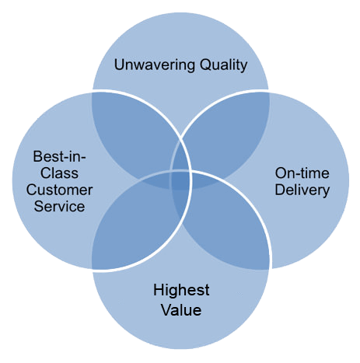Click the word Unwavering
click(x=155, y=65)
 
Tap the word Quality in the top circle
click(x=223, y=65)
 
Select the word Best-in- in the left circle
click(x=59, y=156)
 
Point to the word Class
click(x=59, y=173)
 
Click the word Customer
click(x=59, y=190)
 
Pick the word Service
click(x=59, y=207)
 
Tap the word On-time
click(x=302, y=173)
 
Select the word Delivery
click(x=302, y=190)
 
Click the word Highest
click(x=181, y=290)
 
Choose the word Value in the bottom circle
click(x=181, y=310)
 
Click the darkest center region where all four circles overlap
click(x=180, y=180)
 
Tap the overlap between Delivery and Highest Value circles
click(x=225, y=225)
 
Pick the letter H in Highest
click(x=159, y=290)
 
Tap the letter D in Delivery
click(x=280, y=190)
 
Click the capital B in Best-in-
click(x=38, y=156)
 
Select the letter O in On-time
click(x=281, y=173)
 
